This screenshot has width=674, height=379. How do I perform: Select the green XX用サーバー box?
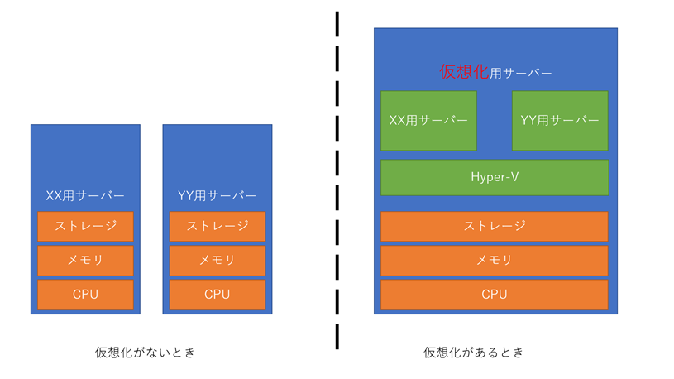[x=428, y=120]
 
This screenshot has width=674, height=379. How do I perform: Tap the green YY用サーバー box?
[x=560, y=120]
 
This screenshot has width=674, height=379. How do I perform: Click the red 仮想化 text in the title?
[x=463, y=73]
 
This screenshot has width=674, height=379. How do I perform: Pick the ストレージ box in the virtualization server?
[x=494, y=226]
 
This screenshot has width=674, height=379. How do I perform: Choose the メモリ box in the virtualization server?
[x=494, y=260]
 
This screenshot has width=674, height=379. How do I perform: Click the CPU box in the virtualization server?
[x=494, y=294]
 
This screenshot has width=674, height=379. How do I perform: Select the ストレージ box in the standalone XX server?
[x=85, y=226]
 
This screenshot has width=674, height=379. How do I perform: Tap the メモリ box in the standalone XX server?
[x=85, y=260]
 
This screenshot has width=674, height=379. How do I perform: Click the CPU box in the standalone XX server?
[x=85, y=294]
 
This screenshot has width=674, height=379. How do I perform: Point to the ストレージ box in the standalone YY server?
[x=217, y=226]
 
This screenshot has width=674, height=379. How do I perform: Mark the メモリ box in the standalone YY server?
[x=217, y=260]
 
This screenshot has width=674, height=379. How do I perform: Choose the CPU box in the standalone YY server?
[x=217, y=294]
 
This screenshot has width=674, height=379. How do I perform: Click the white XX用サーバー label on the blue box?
[x=85, y=196]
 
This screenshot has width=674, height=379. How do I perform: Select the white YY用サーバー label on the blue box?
[x=217, y=196]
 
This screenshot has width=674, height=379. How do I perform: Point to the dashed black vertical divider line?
[x=337, y=182]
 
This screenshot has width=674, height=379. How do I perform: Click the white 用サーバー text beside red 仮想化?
[x=521, y=74]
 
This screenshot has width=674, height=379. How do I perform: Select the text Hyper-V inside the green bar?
[x=494, y=177]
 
